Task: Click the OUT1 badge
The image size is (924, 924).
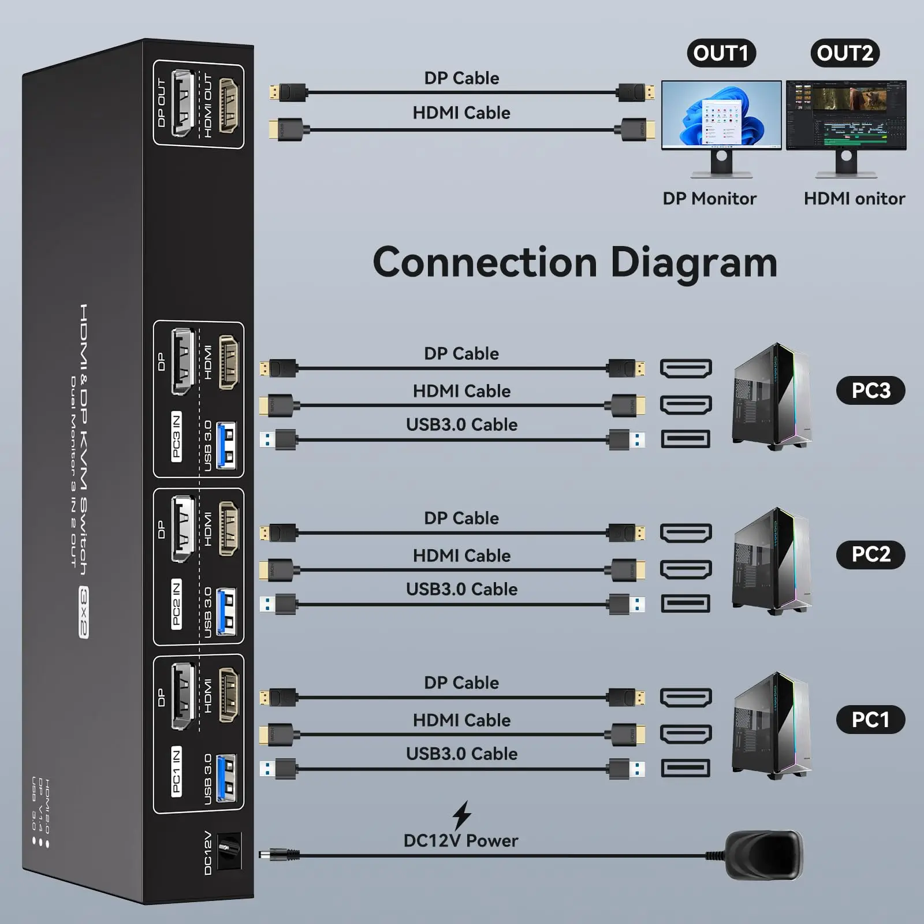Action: click(721, 53)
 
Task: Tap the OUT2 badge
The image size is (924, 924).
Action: click(845, 53)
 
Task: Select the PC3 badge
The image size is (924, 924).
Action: click(870, 390)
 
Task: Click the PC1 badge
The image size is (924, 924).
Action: click(870, 720)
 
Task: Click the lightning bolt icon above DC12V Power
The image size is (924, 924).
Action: click(461, 815)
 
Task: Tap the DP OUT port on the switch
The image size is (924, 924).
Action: click(181, 103)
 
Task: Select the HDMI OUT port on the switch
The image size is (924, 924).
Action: click(228, 106)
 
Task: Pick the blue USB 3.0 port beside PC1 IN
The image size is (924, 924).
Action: click(226, 777)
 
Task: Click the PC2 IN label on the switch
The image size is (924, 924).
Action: click(177, 604)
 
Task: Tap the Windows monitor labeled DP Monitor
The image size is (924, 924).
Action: click(721, 115)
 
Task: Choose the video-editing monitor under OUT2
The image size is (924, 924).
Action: click(846, 115)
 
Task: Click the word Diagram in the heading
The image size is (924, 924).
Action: click(693, 263)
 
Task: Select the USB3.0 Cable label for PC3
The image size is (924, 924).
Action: click(461, 424)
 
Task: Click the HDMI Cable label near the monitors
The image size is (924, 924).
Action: click(461, 113)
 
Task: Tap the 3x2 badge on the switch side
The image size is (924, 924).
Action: click(84, 612)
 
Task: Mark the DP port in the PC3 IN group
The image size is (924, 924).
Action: click(182, 362)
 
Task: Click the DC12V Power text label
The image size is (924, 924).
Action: click(461, 841)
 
